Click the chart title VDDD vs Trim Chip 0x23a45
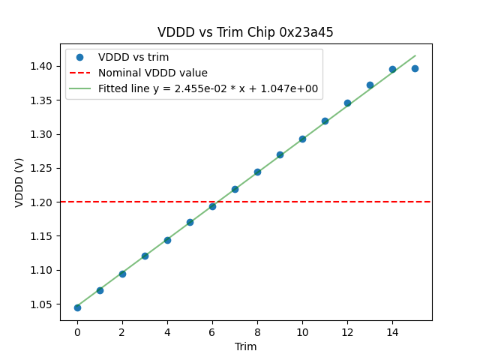245,32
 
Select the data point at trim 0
77,307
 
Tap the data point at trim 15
415,68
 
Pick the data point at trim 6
212,206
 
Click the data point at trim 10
302,139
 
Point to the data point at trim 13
370,85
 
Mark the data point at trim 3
145,256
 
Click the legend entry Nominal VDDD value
153,73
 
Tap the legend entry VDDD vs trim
133,57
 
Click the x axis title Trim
245,346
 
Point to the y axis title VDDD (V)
19,182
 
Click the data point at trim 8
257,172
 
